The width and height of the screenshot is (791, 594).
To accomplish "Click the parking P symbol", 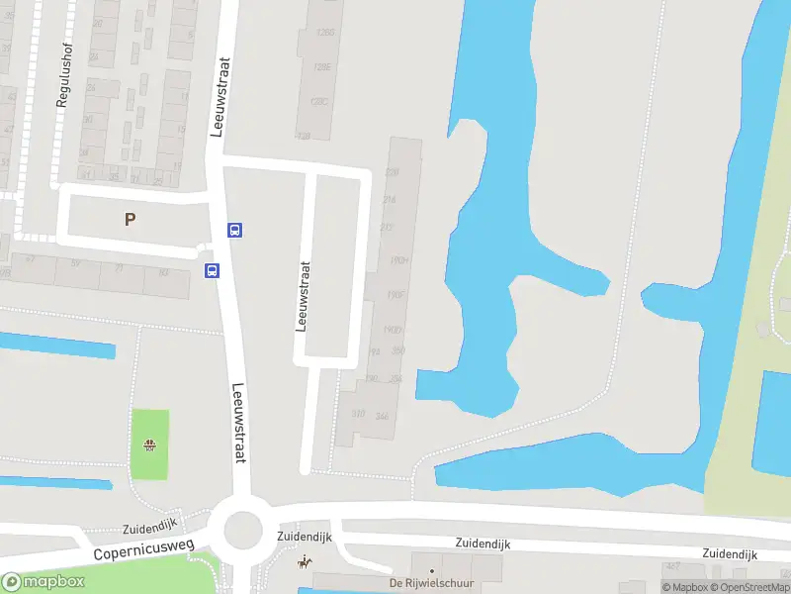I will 130,219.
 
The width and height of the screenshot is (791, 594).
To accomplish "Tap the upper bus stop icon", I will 235,230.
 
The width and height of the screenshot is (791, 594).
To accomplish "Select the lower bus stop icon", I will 212,269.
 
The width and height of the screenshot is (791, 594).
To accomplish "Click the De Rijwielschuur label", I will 432,581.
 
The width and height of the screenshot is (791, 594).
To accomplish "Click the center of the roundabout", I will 243,531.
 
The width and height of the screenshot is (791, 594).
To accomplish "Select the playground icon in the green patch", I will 150,445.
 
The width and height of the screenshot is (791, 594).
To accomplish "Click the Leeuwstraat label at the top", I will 220,96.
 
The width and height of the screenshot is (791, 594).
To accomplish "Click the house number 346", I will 382,416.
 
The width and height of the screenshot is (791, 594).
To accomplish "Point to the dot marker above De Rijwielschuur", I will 431,570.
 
